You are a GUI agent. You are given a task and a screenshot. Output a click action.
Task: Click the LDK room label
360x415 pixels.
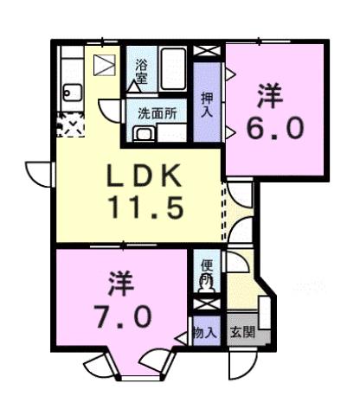[144, 178]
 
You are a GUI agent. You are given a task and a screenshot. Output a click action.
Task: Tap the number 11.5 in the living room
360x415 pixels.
[144, 207]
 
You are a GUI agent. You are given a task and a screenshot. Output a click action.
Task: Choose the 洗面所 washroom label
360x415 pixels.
[157, 112]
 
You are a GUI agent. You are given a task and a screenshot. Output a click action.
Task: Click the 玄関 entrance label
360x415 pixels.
[241, 333]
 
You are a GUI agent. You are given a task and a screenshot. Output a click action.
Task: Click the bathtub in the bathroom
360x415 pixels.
[172, 68]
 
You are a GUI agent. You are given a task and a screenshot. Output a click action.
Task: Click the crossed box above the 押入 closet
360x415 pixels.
[208, 49]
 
